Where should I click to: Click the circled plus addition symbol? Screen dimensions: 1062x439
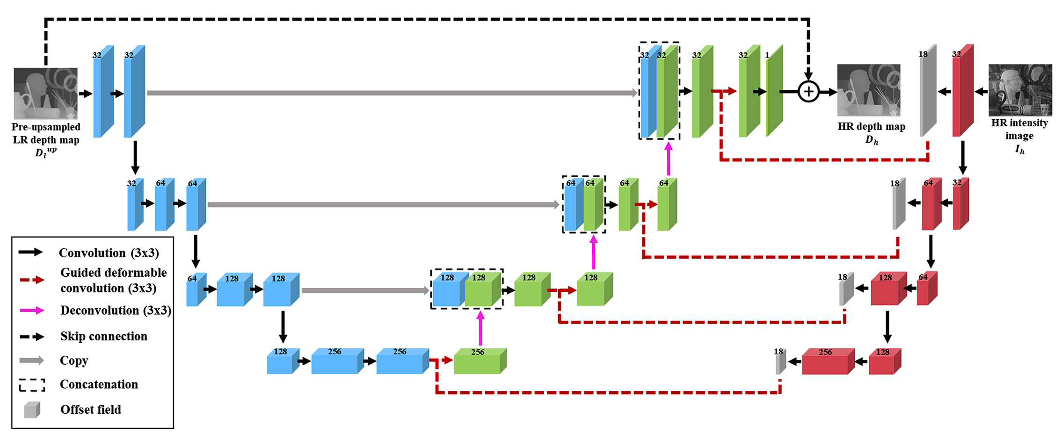(x=808, y=91)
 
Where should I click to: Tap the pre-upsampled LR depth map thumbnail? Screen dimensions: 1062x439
(x=45, y=94)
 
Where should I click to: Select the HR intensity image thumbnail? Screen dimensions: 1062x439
(x=1020, y=90)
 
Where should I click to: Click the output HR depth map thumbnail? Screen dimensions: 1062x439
(x=868, y=90)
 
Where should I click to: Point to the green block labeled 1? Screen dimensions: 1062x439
(x=774, y=91)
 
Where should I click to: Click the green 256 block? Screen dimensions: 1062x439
(x=480, y=361)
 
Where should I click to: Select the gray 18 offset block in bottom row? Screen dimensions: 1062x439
(x=781, y=362)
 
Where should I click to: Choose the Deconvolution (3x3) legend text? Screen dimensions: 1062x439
(x=116, y=310)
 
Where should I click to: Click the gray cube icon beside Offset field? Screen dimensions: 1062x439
(x=32, y=410)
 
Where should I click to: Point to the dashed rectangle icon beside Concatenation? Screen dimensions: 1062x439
(x=32, y=385)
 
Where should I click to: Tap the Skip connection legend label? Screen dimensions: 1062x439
(x=104, y=336)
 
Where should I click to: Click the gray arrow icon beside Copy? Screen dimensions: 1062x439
(x=31, y=360)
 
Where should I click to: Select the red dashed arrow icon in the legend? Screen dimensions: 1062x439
(x=32, y=280)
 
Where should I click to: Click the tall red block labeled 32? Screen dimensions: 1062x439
(x=963, y=91)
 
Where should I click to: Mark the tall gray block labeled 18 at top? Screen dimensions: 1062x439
(x=928, y=91)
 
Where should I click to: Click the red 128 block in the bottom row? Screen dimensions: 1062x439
(x=885, y=361)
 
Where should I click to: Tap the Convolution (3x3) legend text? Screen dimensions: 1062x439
(x=109, y=253)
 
